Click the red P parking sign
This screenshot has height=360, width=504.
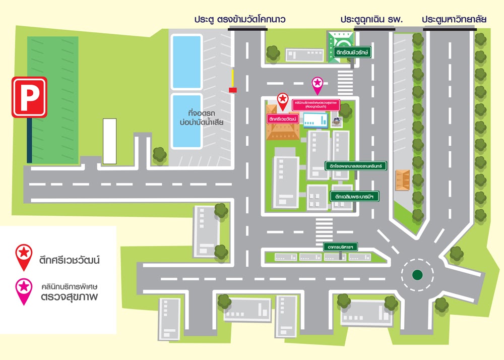click(x=29, y=97)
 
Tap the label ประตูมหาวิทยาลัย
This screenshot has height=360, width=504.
click(x=454, y=19)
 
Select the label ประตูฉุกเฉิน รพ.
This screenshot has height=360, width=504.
click(x=371, y=19)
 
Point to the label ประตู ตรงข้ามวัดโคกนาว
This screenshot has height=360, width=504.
click(x=240, y=19)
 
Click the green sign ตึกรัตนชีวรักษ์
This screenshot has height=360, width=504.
click(x=352, y=52)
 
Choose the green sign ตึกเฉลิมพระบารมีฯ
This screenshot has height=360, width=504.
click(x=354, y=196)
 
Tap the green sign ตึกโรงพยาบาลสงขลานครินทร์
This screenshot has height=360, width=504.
click(x=356, y=165)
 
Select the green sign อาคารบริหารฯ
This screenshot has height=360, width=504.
click(x=341, y=247)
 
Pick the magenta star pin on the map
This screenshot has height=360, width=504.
click(x=318, y=84)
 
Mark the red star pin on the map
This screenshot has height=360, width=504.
click(x=283, y=100)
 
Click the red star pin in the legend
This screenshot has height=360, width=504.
click(x=24, y=255)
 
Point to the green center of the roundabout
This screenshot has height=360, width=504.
click(x=417, y=275)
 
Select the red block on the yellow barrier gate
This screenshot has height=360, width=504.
click(x=233, y=90)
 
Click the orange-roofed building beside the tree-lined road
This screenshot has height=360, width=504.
click(x=403, y=180)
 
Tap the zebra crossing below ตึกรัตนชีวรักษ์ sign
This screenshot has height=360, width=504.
click(x=345, y=80)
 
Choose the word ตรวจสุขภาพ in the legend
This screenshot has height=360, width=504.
click(x=69, y=296)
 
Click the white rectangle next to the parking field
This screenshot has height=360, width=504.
click(x=109, y=141)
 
